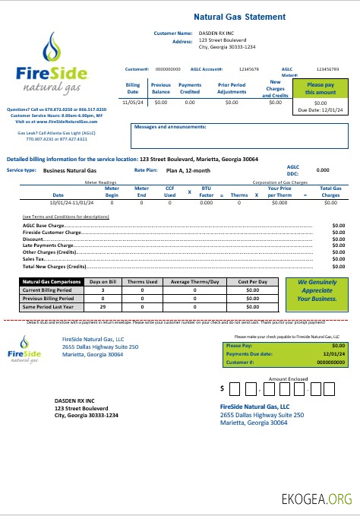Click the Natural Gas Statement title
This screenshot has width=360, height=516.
(239, 17)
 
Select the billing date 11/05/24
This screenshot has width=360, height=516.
(132, 101)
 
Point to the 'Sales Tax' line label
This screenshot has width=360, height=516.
(34, 260)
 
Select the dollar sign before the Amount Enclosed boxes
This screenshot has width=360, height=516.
(222, 388)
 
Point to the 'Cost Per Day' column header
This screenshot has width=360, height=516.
(252, 282)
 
